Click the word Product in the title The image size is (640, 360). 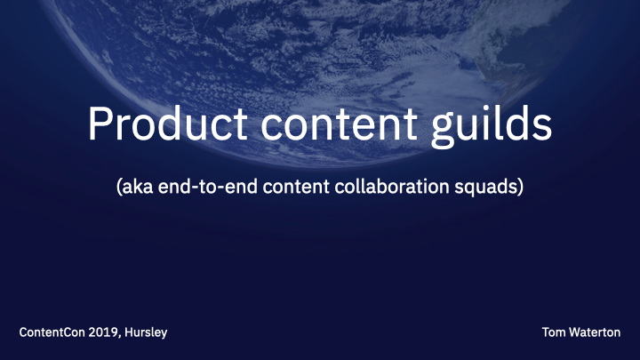[x=168, y=124]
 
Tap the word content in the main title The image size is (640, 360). [x=340, y=124]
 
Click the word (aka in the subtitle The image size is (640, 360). [x=135, y=187]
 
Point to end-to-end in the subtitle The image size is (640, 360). [x=208, y=187]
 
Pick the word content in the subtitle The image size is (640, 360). [x=296, y=187]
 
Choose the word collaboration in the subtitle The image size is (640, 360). [x=392, y=187]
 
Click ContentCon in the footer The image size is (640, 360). [x=52, y=332]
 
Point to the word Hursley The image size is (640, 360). [x=146, y=333]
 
